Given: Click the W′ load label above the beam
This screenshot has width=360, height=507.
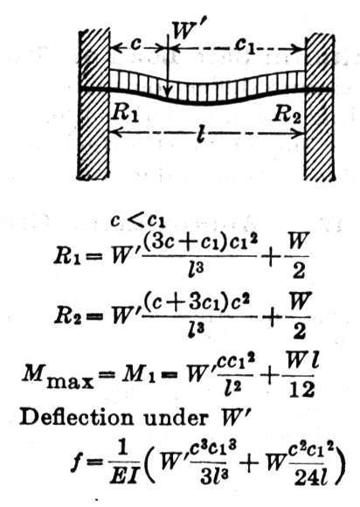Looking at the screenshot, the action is pyautogui.click(x=190, y=31).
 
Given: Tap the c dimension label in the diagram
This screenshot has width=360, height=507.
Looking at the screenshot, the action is pyautogui.click(x=136, y=45).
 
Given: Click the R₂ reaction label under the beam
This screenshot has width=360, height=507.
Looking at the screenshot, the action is pyautogui.click(x=287, y=115).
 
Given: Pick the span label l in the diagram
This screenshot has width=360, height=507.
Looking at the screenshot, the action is pyautogui.click(x=201, y=133).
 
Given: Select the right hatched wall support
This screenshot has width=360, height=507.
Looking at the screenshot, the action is pyautogui.click(x=319, y=107).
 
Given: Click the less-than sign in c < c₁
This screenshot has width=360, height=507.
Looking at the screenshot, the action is pyautogui.click(x=135, y=221).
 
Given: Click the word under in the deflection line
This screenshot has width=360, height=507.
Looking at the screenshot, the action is pyautogui.click(x=176, y=418).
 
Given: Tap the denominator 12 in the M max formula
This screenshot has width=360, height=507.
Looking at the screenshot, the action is pyautogui.click(x=301, y=391).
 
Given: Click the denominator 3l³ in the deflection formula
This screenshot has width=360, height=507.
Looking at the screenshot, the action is pyautogui.click(x=212, y=477).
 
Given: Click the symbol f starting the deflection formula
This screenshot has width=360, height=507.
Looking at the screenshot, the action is pyautogui.click(x=76, y=465).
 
